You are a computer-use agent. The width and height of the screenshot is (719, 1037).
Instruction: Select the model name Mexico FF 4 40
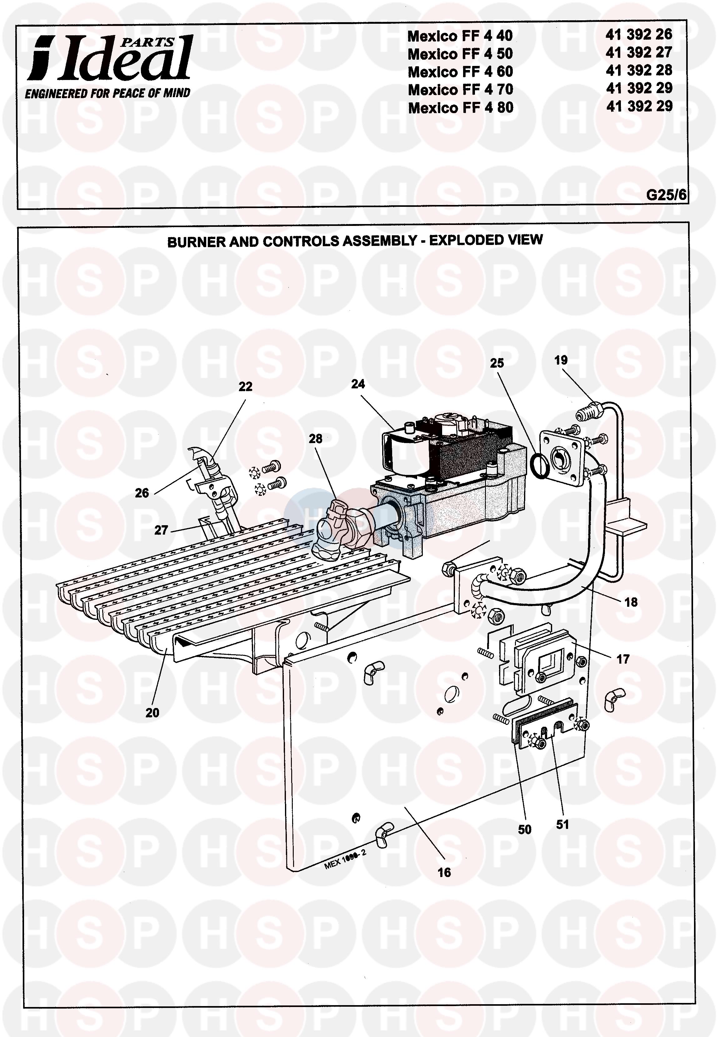click(460, 36)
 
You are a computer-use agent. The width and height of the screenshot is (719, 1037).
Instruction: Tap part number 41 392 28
click(639, 70)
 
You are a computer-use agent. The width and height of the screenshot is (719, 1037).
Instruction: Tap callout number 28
click(315, 439)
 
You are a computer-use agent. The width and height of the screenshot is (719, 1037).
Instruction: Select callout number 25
click(497, 363)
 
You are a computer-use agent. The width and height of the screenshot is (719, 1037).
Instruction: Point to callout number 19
click(561, 360)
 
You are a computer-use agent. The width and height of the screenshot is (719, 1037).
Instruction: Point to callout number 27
click(161, 530)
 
